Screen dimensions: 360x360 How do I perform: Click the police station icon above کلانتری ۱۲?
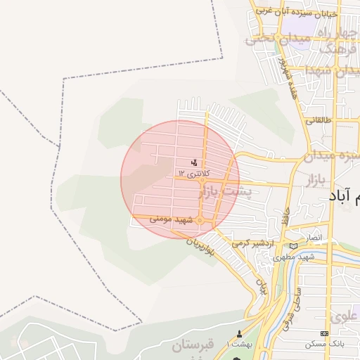tap(194, 163)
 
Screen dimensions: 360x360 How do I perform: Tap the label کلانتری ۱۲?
tap(194, 173)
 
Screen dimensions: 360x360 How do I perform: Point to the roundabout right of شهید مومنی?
tap(200, 221)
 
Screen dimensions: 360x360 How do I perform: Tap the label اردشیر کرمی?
tap(251, 243)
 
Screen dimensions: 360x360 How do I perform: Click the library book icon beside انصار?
tap(292, 245)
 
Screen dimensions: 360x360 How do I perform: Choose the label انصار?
tap(312, 238)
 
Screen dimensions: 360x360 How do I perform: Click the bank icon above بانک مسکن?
tap(324, 333)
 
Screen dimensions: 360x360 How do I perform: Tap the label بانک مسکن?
tap(324, 345)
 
